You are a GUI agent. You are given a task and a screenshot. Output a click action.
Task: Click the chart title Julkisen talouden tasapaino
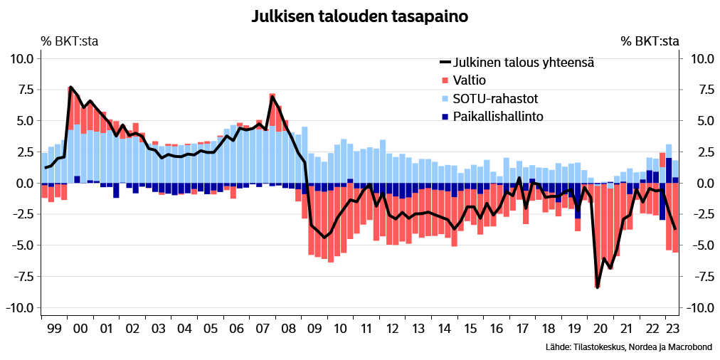(x=359, y=16)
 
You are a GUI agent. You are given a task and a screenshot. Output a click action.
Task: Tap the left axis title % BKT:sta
(x=69, y=41)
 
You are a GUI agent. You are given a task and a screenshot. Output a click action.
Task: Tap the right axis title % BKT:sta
(x=650, y=41)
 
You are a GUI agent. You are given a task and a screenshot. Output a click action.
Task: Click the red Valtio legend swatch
(x=446, y=80)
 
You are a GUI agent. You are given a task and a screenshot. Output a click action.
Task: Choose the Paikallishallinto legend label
(x=498, y=115)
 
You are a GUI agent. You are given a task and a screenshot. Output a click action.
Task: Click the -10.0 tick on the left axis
(x=19, y=308)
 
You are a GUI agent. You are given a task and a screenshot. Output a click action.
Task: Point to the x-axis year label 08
(x=288, y=329)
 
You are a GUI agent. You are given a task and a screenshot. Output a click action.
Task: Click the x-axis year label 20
(x=600, y=329)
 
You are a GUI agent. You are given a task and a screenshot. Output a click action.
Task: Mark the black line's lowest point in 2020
(x=598, y=287)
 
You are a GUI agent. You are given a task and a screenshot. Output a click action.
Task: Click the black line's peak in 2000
(x=70, y=87)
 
